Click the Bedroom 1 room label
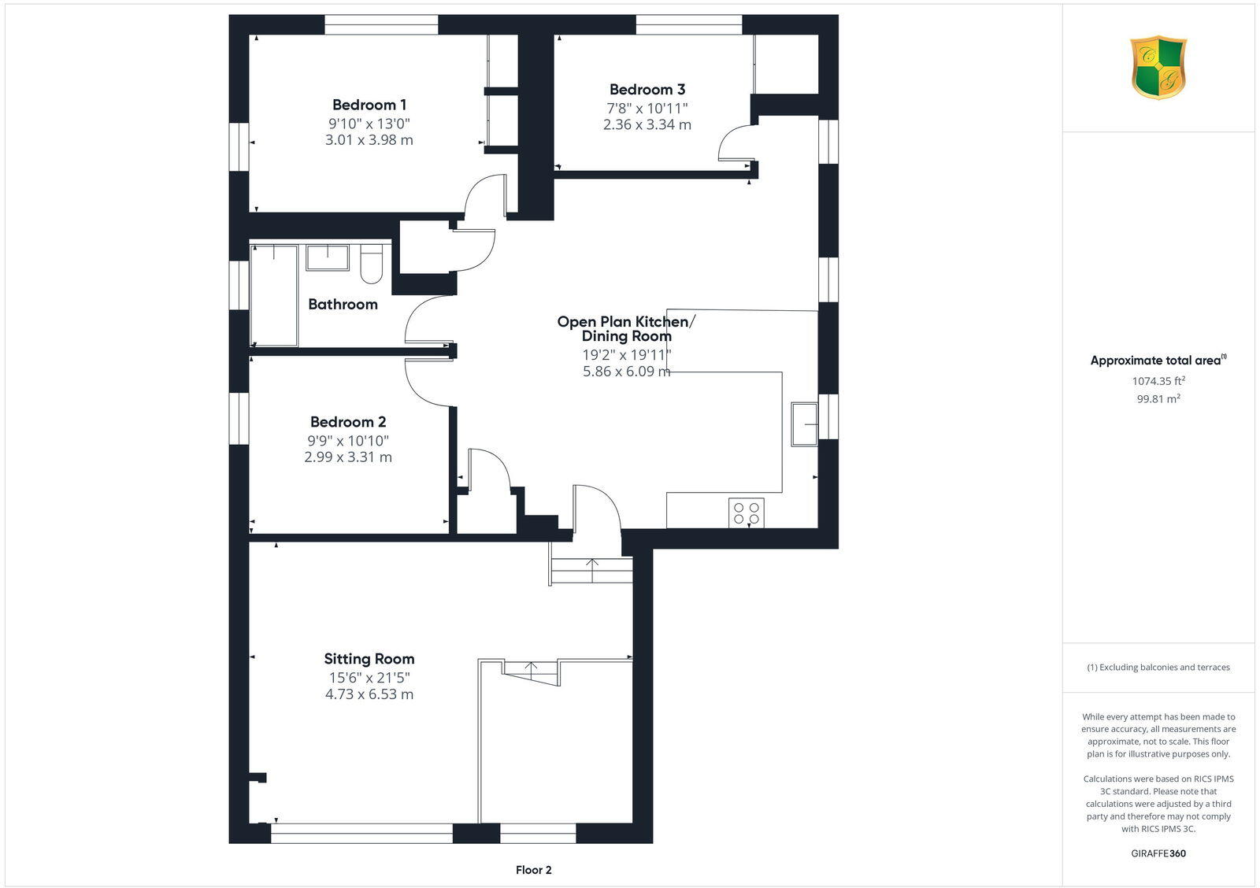click(x=369, y=105)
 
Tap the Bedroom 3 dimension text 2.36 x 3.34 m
click(x=647, y=124)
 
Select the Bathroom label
click(x=343, y=304)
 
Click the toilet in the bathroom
click(x=371, y=264)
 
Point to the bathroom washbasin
click(x=327, y=257)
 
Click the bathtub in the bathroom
click(x=273, y=296)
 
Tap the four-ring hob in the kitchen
click(x=746, y=513)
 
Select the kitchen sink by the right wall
click(x=805, y=424)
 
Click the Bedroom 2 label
click(x=347, y=422)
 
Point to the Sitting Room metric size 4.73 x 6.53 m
click(x=369, y=694)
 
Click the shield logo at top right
click(x=1158, y=67)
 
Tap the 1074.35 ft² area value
click(x=1158, y=381)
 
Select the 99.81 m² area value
click(x=1158, y=399)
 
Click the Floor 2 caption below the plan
click(x=533, y=870)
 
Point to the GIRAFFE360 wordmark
click(x=1158, y=853)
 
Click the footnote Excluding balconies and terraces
click(x=1158, y=668)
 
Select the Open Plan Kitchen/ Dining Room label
click(x=625, y=328)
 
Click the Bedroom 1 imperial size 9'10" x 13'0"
click(x=369, y=124)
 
